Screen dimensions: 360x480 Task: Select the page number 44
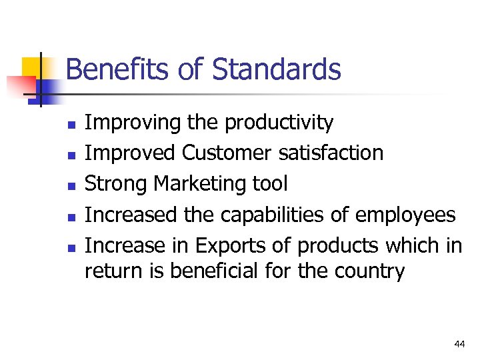click(459, 344)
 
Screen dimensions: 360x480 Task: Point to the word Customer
click(227, 153)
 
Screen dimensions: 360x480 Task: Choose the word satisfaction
click(331, 153)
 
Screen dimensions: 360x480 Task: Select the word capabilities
click(279, 215)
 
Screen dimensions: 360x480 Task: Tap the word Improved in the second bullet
click(131, 153)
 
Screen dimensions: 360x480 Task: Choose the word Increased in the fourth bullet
click(131, 215)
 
